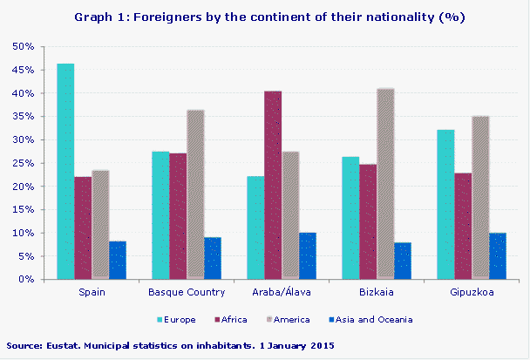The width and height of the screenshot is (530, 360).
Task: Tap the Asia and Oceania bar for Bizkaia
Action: [x=403, y=261]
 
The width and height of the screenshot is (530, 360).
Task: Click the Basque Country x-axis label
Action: [x=187, y=292]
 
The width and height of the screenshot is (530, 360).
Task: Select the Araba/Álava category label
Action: [x=282, y=292]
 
